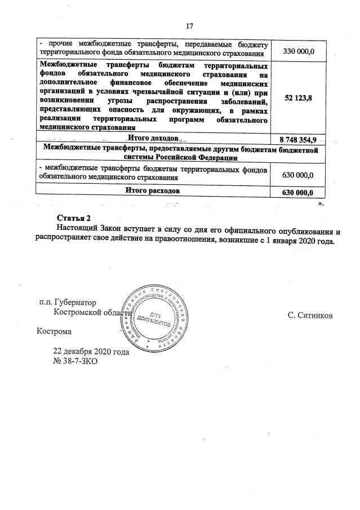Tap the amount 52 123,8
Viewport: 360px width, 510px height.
pos(298,98)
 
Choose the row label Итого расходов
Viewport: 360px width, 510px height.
pos(153,192)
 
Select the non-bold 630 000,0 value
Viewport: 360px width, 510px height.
pos(298,176)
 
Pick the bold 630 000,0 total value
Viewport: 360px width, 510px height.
pos(298,192)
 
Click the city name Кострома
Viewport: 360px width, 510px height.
pos(54,332)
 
